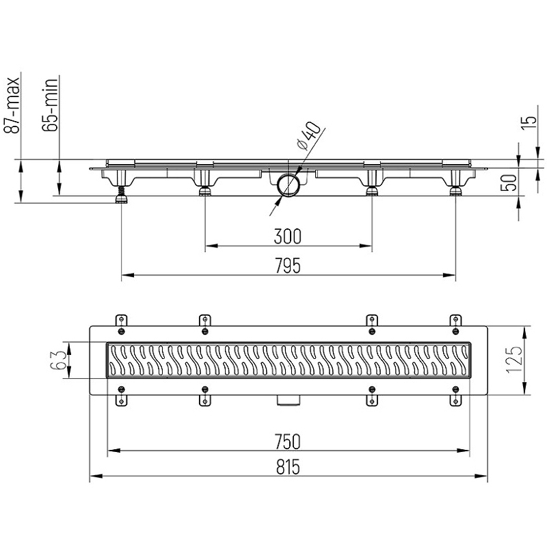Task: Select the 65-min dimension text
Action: click(49, 105)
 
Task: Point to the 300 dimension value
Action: click(287, 236)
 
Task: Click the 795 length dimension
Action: click(287, 265)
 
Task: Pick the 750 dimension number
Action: click(287, 442)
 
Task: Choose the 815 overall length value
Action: click(288, 467)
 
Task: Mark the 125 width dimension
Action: click(514, 360)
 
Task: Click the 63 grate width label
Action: click(58, 360)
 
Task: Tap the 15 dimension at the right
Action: click(529, 123)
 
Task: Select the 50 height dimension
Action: click(509, 183)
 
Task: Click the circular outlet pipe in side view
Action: click(288, 185)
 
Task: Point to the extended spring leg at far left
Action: click(122, 194)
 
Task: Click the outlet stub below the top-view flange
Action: click(288, 400)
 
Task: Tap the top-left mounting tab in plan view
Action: click(121, 320)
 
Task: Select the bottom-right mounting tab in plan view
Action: click(455, 401)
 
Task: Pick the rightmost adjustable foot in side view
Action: click(455, 191)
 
